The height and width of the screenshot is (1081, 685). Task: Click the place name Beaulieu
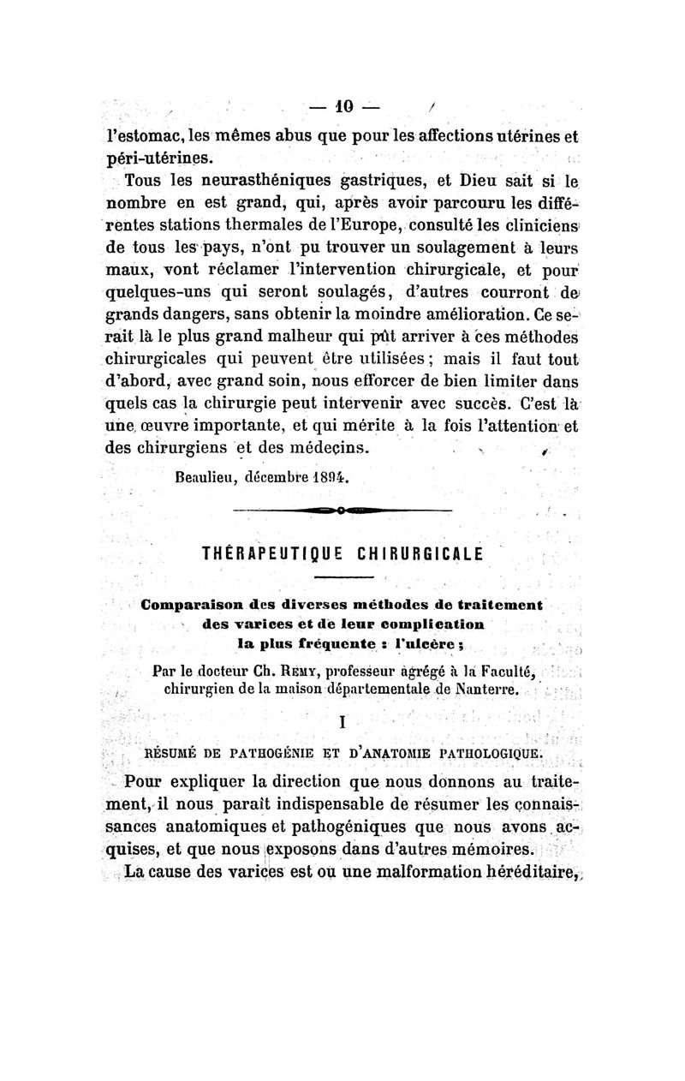pyautogui.click(x=205, y=479)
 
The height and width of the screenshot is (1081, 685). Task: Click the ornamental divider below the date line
pyautogui.click(x=342, y=512)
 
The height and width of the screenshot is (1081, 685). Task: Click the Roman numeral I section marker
pyautogui.click(x=342, y=722)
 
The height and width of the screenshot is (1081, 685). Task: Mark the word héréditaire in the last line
pyautogui.click(x=529, y=873)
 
